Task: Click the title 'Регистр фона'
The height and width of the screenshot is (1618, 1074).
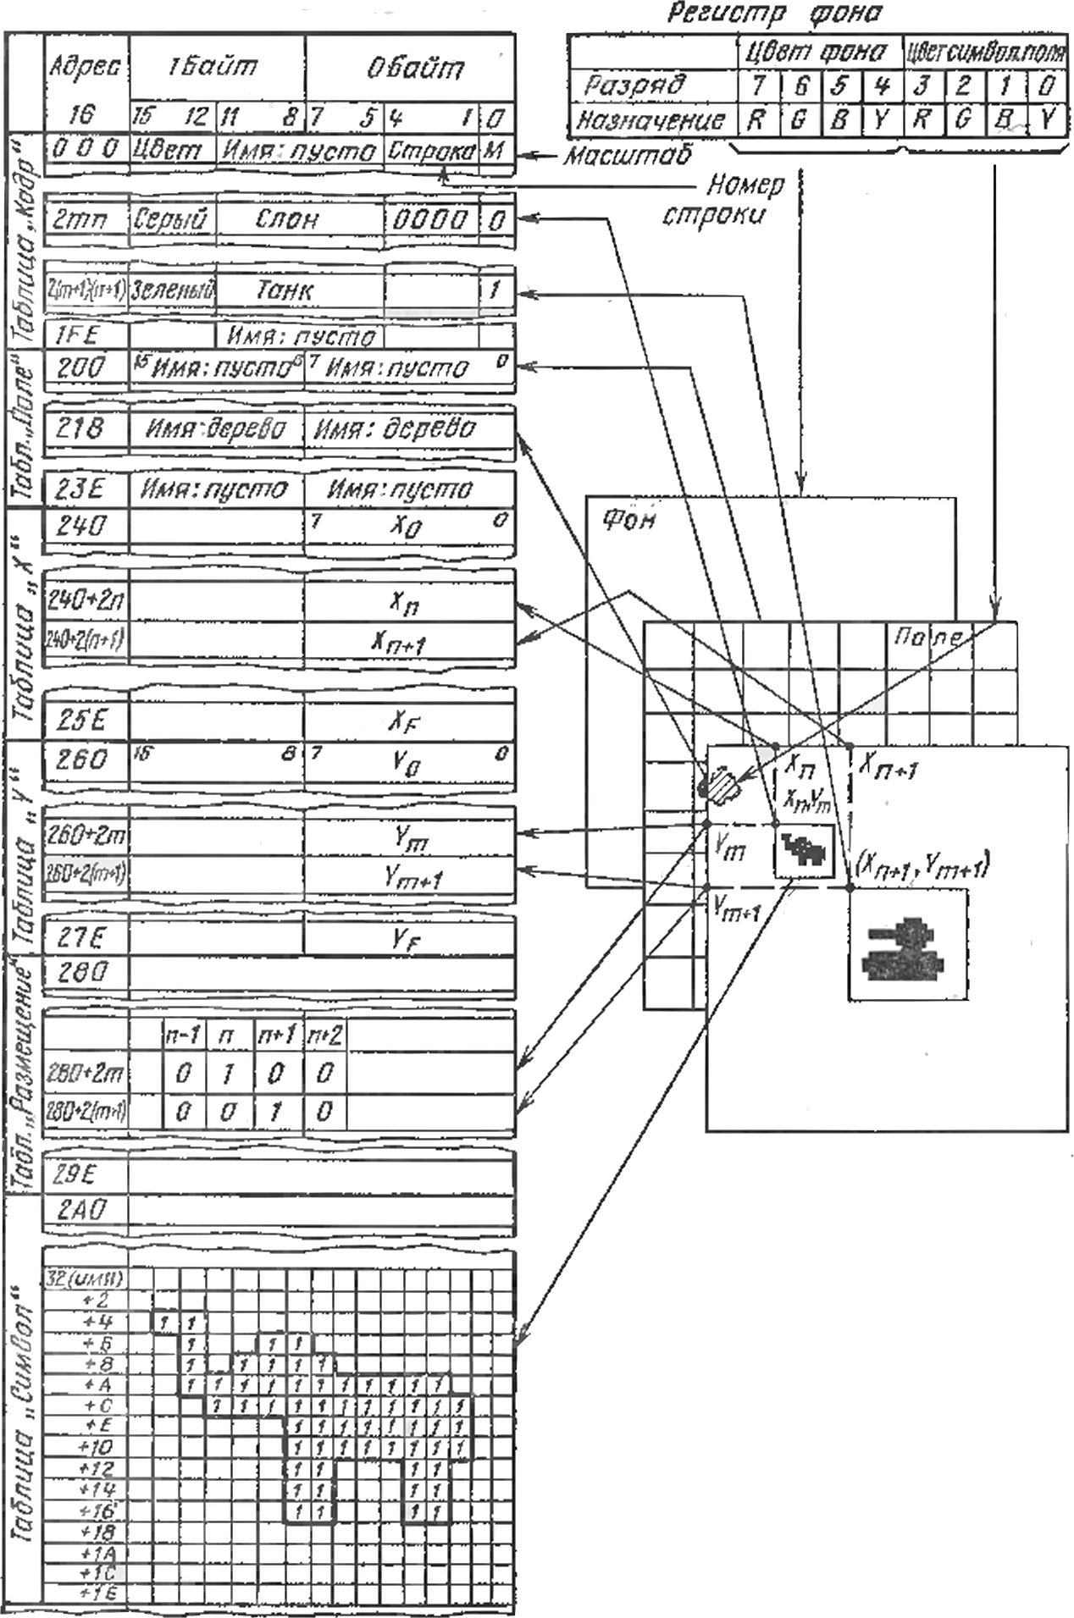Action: [x=773, y=14]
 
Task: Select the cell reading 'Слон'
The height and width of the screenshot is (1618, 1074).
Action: [x=287, y=220]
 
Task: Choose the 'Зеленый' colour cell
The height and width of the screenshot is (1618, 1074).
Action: [x=173, y=291]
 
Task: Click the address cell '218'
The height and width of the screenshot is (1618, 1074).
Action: [x=80, y=428]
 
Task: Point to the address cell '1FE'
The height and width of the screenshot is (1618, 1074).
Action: [x=77, y=335]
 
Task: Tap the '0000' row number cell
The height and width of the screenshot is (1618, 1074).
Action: [x=430, y=220]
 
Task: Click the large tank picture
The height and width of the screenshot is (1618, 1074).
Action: [x=905, y=947]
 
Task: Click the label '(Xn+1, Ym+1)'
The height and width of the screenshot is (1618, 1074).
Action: [x=922, y=864]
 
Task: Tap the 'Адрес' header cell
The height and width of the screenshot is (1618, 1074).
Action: [x=85, y=67]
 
